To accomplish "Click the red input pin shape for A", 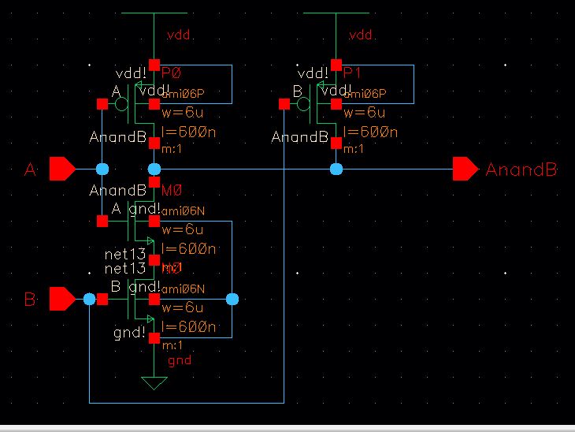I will [61, 169].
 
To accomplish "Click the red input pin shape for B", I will [61, 299].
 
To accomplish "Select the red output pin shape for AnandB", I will [466, 169].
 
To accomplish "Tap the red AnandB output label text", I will [521, 169].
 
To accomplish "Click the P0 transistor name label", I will [171, 73].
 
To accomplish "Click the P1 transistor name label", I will [352, 73].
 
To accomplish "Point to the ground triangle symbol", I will [154, 383].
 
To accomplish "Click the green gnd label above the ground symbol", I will [180, 360].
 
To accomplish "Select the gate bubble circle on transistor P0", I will [121, 104].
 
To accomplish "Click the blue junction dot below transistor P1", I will [336, 169].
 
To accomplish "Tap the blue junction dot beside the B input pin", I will [89, 299].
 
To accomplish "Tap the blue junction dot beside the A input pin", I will [102, 169].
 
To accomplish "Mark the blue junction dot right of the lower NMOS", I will [232, 299].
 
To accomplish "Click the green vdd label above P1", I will [361, 36].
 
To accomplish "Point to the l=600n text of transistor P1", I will [370, 132].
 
